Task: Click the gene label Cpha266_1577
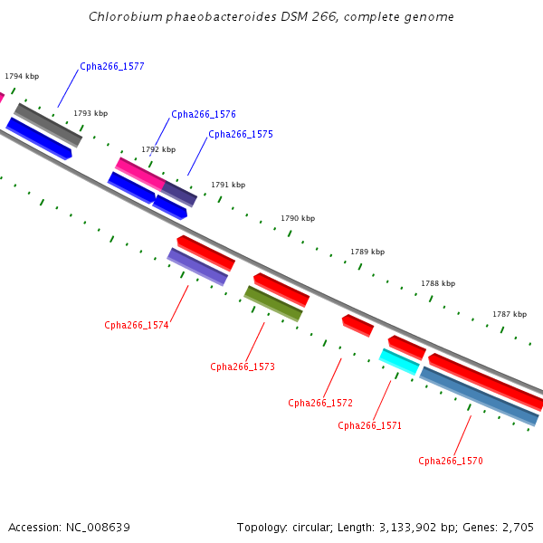(x=112, y=66)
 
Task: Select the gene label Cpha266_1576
(x=204, y=114)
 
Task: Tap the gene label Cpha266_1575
(x=241, y=134)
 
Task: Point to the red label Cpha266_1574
(x=137, y=325)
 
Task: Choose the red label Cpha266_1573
(x=243, y=367)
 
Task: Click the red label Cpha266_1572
(x=320, y=403)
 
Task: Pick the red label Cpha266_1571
(x=369, y=425)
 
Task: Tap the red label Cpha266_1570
(x=451, y=461)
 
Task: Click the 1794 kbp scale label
(x=22, y=76)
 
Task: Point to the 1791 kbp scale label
(x=228, y=185)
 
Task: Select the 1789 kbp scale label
(x=367, y=252)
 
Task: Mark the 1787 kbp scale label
(x=510, y=314)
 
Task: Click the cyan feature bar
(x=399, y=362)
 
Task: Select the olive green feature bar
(x=273, y=304)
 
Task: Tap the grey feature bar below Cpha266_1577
(x=48, y=125)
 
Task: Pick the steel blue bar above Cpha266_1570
(x=480, y=396)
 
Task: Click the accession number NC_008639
(x=98, y=528)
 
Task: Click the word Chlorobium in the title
(x=126, y=16)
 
